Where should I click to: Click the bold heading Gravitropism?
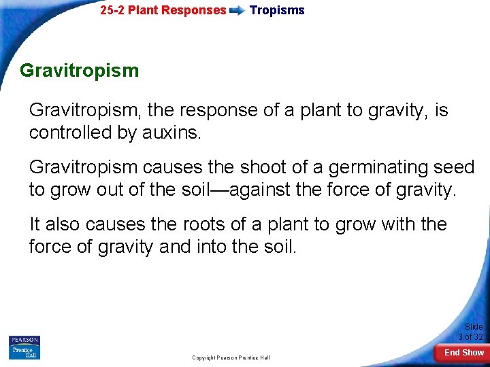point(79,71)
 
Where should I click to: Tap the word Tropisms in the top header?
point(277,10)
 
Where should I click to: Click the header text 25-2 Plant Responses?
point(163,10)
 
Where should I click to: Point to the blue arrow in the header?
point(238,11)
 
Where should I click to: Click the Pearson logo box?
point(24,340)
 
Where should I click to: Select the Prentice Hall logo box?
point(24,353)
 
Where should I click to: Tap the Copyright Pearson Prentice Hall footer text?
point(231,357)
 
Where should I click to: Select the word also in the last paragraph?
point(65,224)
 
